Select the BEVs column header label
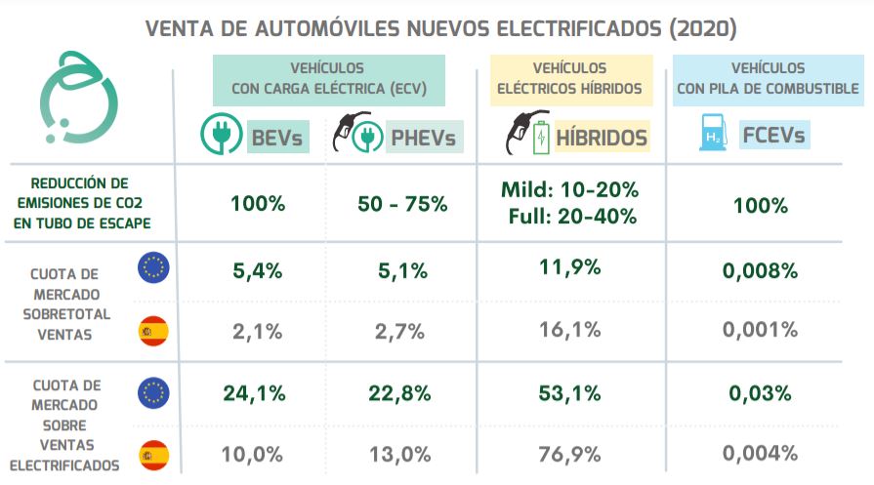[277, 138]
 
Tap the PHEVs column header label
[423, 138]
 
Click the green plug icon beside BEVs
[220, 137]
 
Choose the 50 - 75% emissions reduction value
[402, 204]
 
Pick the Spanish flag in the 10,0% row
[154, 454]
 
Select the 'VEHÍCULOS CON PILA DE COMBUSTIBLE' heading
[768, 78]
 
